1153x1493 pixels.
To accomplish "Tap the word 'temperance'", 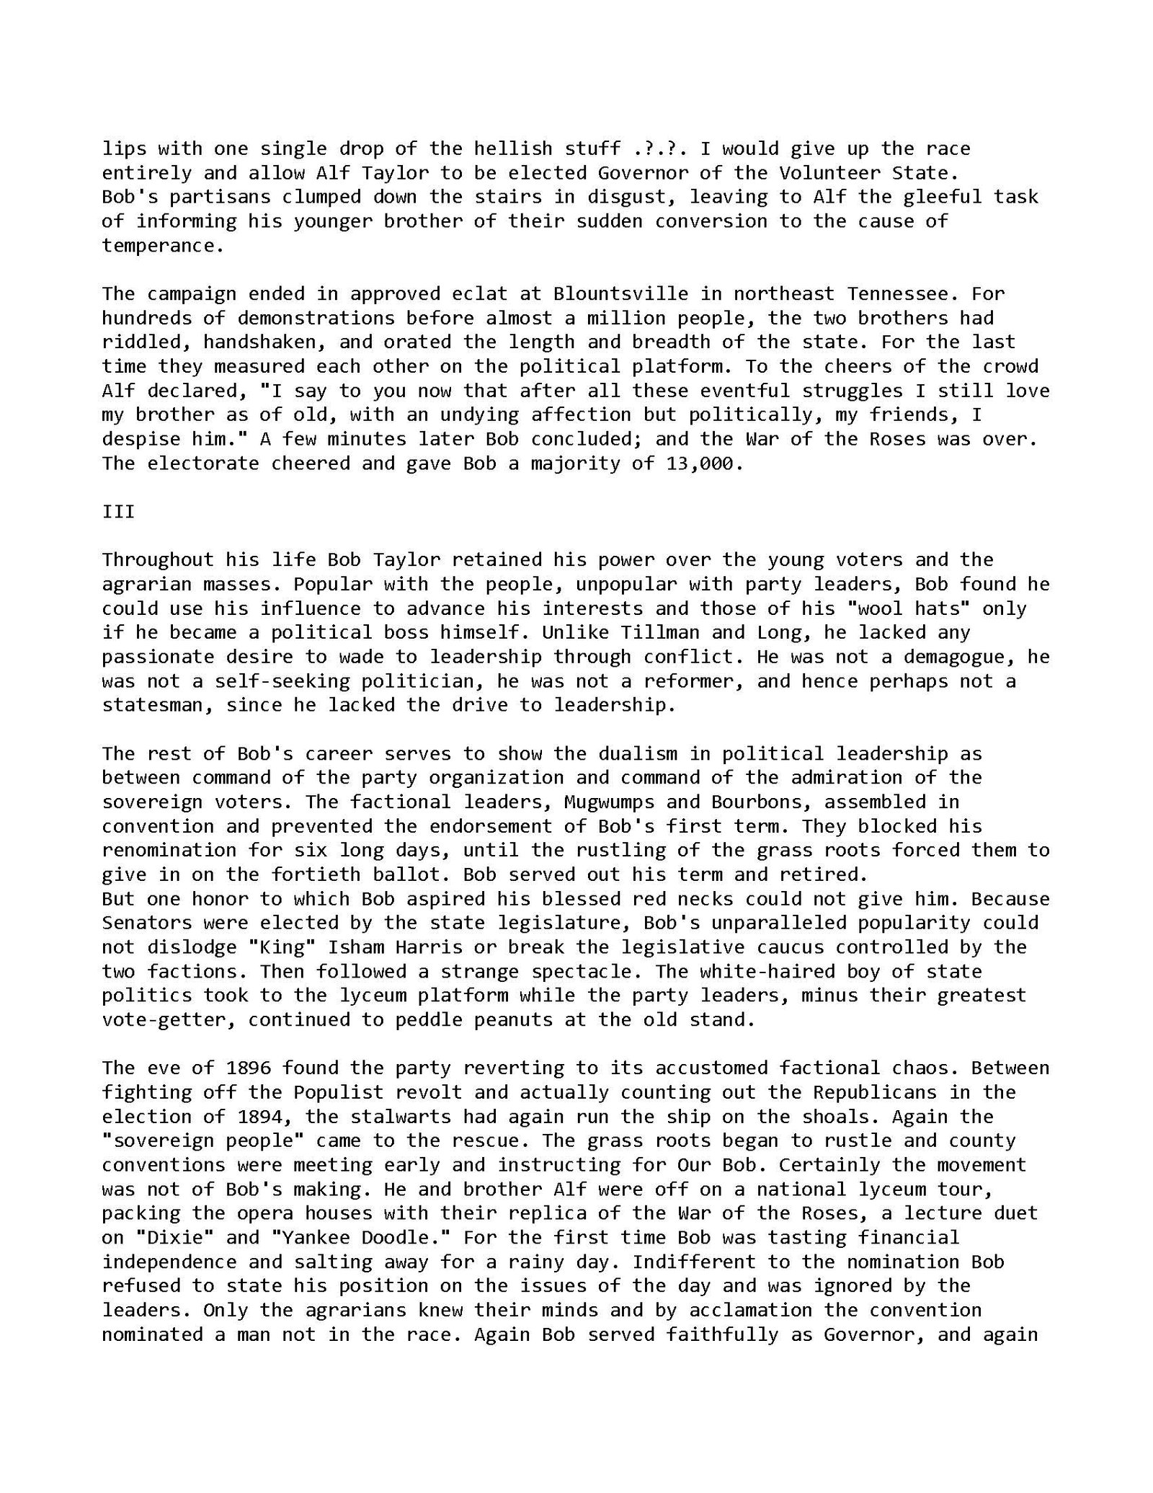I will (158, 246).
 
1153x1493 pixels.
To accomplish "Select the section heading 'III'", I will (118, 512).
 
